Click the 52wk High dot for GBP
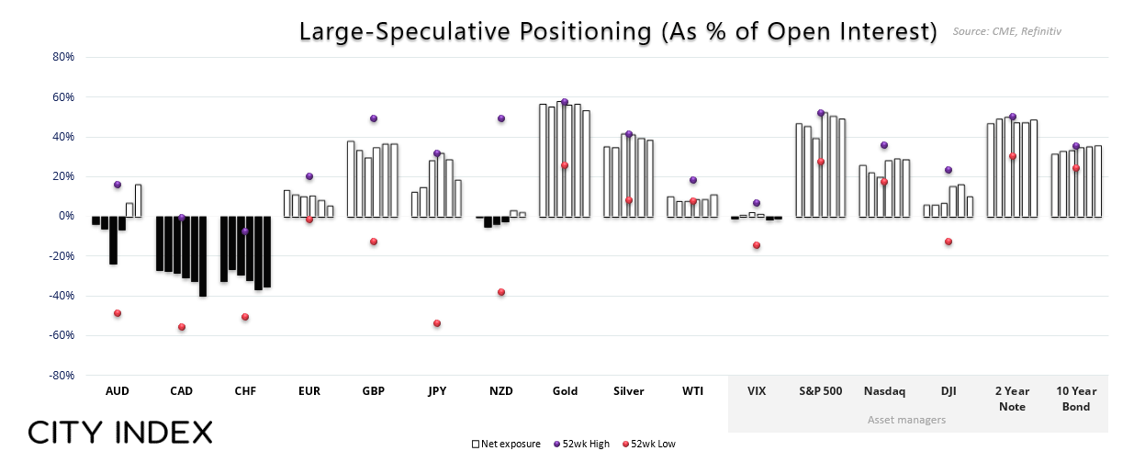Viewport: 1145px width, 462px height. [x=374, y=118]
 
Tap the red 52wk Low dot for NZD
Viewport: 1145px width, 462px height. [x=501, y=292]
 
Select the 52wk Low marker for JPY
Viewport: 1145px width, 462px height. [x=437, y=323]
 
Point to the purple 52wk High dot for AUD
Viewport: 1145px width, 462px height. [x=118, y=185]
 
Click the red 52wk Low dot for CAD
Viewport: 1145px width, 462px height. [x=182, y=327]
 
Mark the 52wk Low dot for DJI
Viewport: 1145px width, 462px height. [x=949, y=242]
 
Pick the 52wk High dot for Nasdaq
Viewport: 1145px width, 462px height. [x=884, y=145]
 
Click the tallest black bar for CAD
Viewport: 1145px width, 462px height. [x=203, y=256]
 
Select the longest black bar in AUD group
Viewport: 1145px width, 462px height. [x=114, y=241]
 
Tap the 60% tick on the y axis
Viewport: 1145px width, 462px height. [x=62, y=97]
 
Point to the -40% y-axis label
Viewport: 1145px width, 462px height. [x=62, y=296]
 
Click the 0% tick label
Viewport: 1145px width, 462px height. [x=66, y=216]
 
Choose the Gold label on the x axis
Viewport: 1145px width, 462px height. [x=565, y=391]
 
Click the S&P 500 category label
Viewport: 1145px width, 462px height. [x=820, y=391]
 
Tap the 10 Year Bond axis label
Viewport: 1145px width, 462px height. [x=1076, y=399]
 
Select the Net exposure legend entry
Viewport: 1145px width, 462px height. [x=506, y=444]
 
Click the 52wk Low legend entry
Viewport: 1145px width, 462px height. [x=649, y=444]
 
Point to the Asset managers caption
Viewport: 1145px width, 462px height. [x=906, y=420]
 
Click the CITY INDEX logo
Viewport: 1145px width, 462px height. [x=120, y=433]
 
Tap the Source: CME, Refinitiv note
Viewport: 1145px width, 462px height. [x=1007, y=31]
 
